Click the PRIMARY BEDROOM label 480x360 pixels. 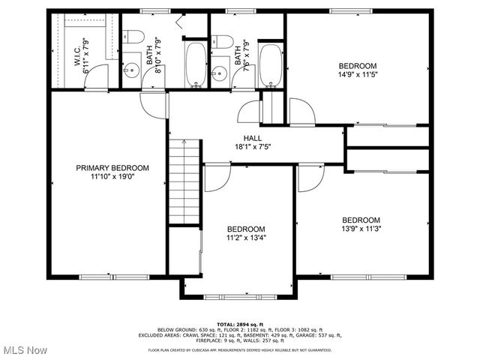tap(112, 168)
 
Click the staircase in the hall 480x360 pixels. tap(184, 181)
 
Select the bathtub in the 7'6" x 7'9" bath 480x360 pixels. tap(270, 64)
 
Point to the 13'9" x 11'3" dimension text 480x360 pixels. tap(362, 229)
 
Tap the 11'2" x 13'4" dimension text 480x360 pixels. tap(246, 238)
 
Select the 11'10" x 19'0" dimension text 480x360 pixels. tap(112, 178)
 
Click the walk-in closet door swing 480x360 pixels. tap(98, 76)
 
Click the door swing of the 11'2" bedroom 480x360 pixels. tap(215, 178)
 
